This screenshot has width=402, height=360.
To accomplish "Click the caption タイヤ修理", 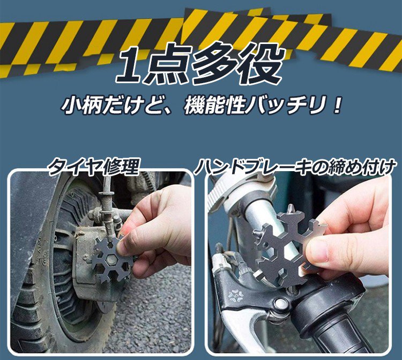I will [x=94, y=168].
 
